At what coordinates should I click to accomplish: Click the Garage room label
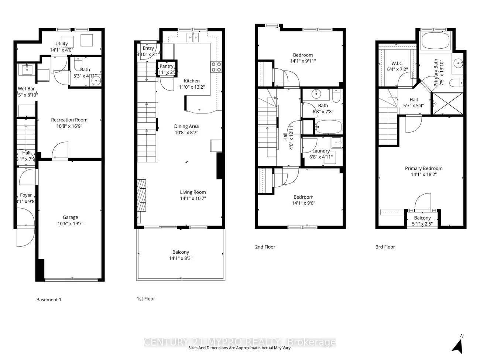[70, 217]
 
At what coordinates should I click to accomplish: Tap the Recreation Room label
[69, 120]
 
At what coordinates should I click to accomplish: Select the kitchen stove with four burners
[216, 67]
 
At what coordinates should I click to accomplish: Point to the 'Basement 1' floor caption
[49, 299]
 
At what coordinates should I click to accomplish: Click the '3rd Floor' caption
[385, 247]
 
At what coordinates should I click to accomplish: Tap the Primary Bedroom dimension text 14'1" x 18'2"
[424, 174]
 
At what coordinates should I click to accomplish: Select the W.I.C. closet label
[397, 64]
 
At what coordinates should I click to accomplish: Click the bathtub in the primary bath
[436, 41]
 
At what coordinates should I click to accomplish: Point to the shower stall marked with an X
[448, 104]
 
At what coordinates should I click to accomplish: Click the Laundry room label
[321, 151]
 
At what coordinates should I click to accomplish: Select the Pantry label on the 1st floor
[167, 66]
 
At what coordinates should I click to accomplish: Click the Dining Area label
[186, 126]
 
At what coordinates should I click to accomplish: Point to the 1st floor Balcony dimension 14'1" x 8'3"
[181, 258]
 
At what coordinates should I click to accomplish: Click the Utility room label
[62, 44]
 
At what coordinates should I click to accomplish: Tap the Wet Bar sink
[27, 68]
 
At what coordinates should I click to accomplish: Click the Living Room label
[193, 192]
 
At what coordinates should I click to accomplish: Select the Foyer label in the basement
[26, 195]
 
